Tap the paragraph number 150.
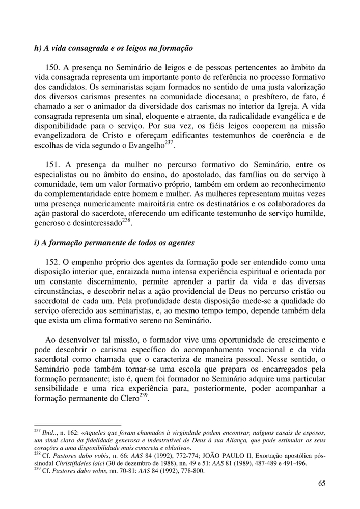[x=53, y=67]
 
